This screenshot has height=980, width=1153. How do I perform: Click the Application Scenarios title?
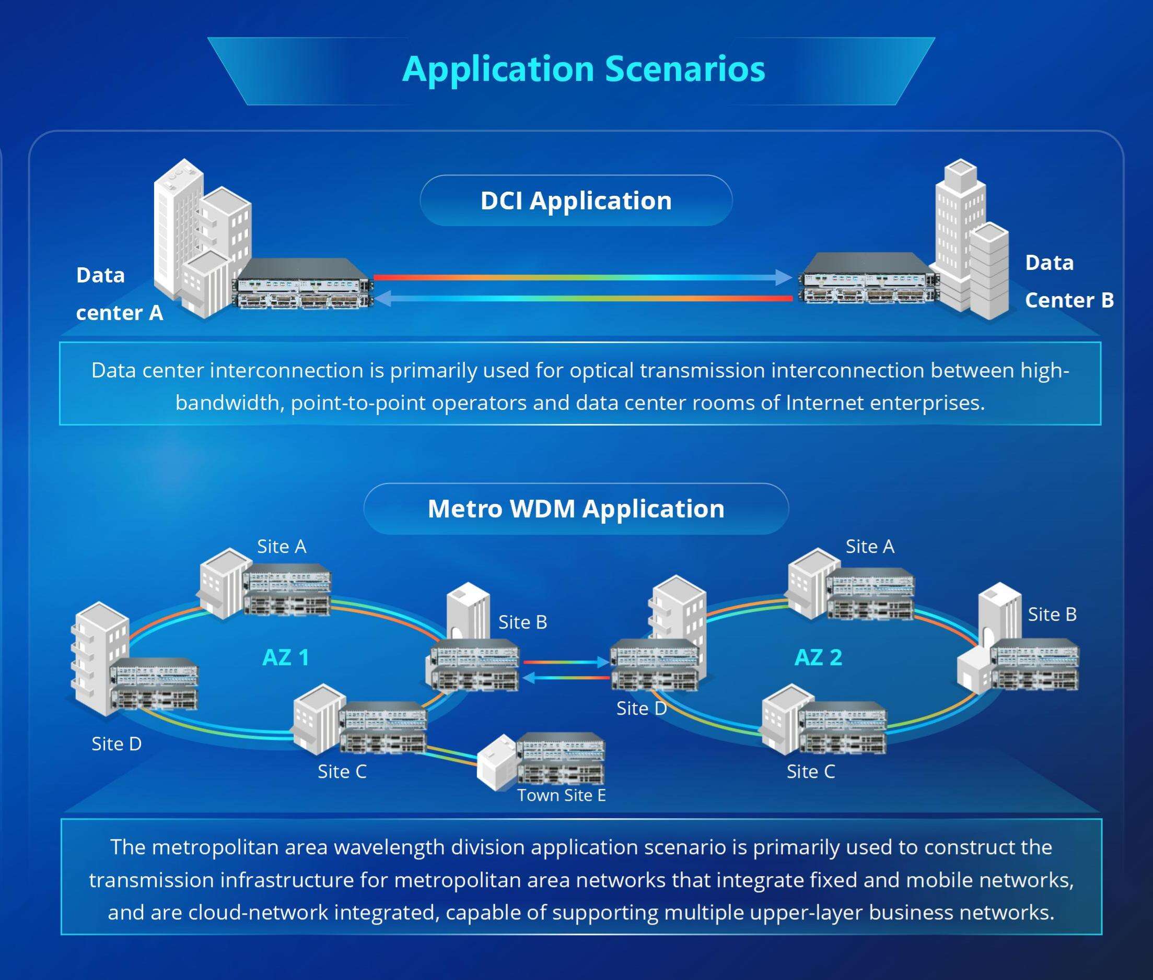coord(583,69)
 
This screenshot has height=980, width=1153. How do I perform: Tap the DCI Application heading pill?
coord(576,200)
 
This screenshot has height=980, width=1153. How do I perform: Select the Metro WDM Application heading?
coord(576,509)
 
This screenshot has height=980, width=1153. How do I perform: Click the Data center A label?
coord(119,294)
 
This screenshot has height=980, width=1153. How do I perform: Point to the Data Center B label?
coord(1068,281)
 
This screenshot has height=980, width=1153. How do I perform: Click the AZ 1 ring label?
coord(285,658)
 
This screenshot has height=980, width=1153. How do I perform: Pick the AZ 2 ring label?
coord(818,658)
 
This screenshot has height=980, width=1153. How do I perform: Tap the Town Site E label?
coord(562,796)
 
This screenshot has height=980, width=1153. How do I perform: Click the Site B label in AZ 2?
coord(1052,615)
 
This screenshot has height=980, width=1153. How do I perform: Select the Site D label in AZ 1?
coord(117,744)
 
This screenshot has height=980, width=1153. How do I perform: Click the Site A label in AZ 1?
coord(281,547)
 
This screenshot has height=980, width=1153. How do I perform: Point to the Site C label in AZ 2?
coord(810,772)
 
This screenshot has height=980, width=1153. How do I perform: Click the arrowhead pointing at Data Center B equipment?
coord(784,277)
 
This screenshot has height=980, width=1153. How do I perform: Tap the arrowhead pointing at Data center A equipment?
coord(383,299)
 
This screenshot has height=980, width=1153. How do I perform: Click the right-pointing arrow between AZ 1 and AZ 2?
coord(602,662)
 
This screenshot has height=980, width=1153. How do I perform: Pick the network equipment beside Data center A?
coord(304,285)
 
